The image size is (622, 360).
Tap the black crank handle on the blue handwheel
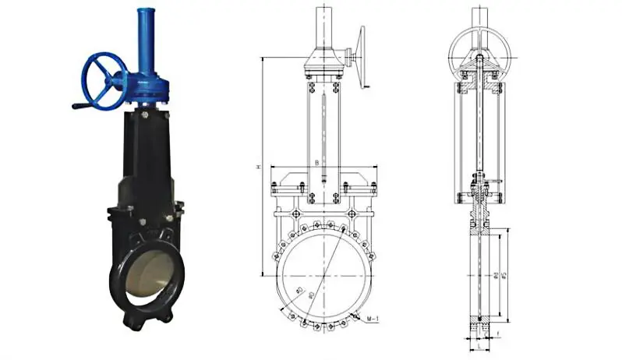click(x=80, y=105)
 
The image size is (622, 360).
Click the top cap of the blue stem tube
click(x=146, y=12)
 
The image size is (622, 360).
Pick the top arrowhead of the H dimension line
click(x=263, y=58)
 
